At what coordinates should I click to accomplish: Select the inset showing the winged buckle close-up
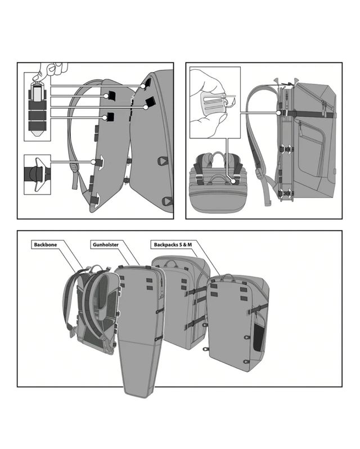click(x=37, y=172)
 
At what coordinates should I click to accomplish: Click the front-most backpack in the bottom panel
click(x=236, y=321)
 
